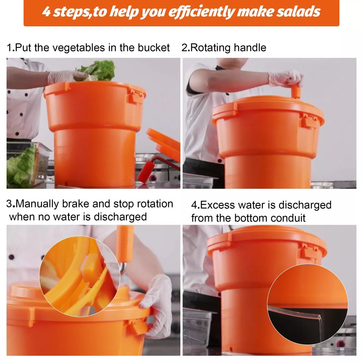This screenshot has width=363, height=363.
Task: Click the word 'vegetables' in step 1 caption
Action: click(79, 48)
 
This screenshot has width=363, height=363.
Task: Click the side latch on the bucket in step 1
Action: click(136, 96)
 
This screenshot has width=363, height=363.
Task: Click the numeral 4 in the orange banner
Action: click(46, 12)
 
